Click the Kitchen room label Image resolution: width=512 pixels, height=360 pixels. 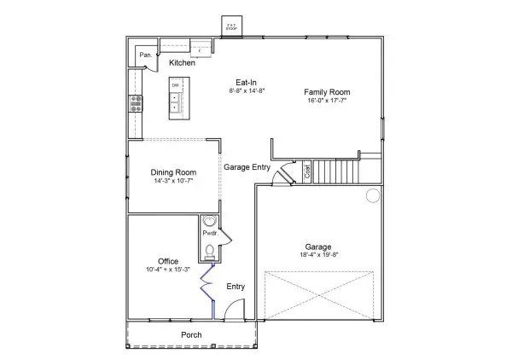182,63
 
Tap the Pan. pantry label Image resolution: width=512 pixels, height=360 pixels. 145,56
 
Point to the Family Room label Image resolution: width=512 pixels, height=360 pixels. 328,92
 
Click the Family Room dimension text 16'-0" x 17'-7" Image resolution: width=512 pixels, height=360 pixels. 327,102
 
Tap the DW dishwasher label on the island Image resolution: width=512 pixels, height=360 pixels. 175,86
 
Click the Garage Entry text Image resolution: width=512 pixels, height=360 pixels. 247,167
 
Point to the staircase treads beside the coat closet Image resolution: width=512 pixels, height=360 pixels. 336,171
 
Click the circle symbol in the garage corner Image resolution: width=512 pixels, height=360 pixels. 373,196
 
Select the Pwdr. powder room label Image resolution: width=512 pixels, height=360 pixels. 209,233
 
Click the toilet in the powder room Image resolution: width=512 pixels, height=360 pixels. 210,249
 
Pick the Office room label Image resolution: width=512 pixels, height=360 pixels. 168,261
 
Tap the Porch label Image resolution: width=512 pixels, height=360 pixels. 192,335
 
